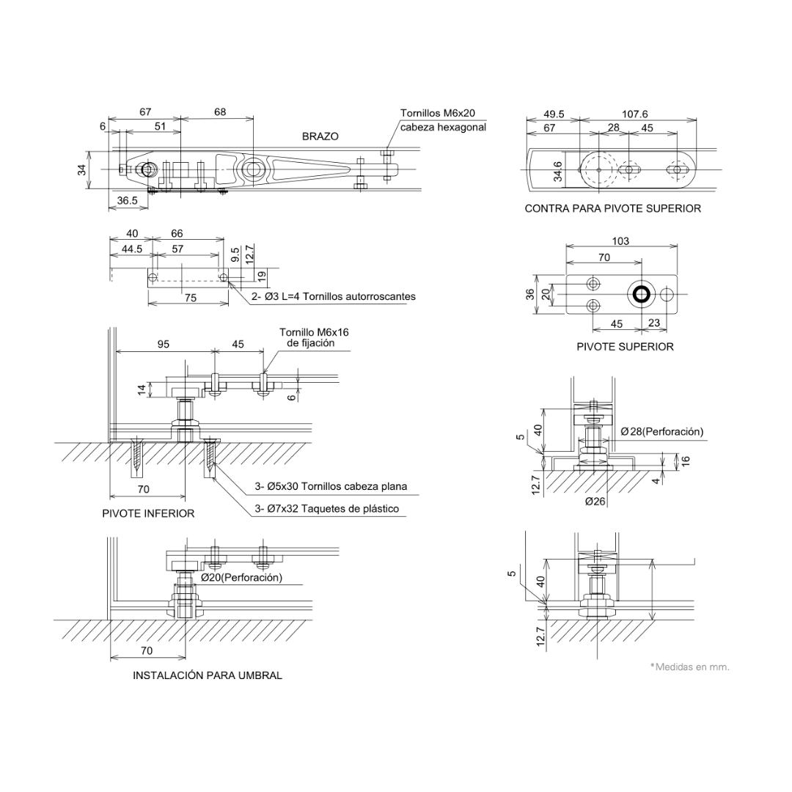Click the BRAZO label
pos(320,136)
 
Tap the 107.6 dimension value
pos(635,114)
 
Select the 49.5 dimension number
pos(554,114)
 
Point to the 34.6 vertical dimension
pos(558,171)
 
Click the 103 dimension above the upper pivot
pos(620,241)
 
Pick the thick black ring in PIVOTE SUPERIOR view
pos(640,294)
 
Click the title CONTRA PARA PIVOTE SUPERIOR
pos(612,208)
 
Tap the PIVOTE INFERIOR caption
pos(148,513)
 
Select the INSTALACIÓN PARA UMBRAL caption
pos(208,675)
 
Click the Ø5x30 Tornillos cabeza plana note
pos(331,486)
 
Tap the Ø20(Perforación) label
pos(242,578)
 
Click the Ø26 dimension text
pos(595,502)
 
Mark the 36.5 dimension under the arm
pos(127,199)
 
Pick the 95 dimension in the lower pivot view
pos(164,344)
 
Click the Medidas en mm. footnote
pos(691,667)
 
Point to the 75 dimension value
pos(190,298)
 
